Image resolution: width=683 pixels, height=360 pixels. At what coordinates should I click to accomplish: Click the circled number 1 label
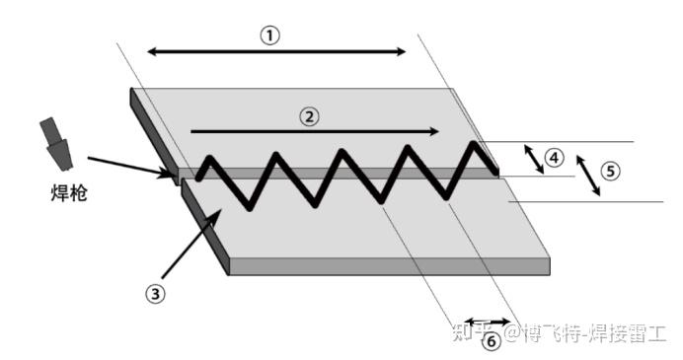point(270,36)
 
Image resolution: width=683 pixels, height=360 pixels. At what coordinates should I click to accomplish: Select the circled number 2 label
point(309,116)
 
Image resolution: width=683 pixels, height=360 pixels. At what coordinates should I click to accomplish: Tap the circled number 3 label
point(155,294)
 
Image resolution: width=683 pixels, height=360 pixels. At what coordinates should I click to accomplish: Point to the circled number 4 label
point(554,158)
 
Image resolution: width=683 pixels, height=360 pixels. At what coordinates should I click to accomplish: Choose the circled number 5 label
point(610,171)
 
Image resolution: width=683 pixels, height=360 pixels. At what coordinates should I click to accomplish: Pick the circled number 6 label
point(491,341)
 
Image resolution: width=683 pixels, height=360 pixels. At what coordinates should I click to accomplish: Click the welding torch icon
point(56,144)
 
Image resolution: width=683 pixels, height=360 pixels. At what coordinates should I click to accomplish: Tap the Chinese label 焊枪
point(69,193)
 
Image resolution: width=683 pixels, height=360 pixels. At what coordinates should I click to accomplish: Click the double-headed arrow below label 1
point(276,52)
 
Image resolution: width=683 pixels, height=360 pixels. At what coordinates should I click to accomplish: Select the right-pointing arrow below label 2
point(315,131)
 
